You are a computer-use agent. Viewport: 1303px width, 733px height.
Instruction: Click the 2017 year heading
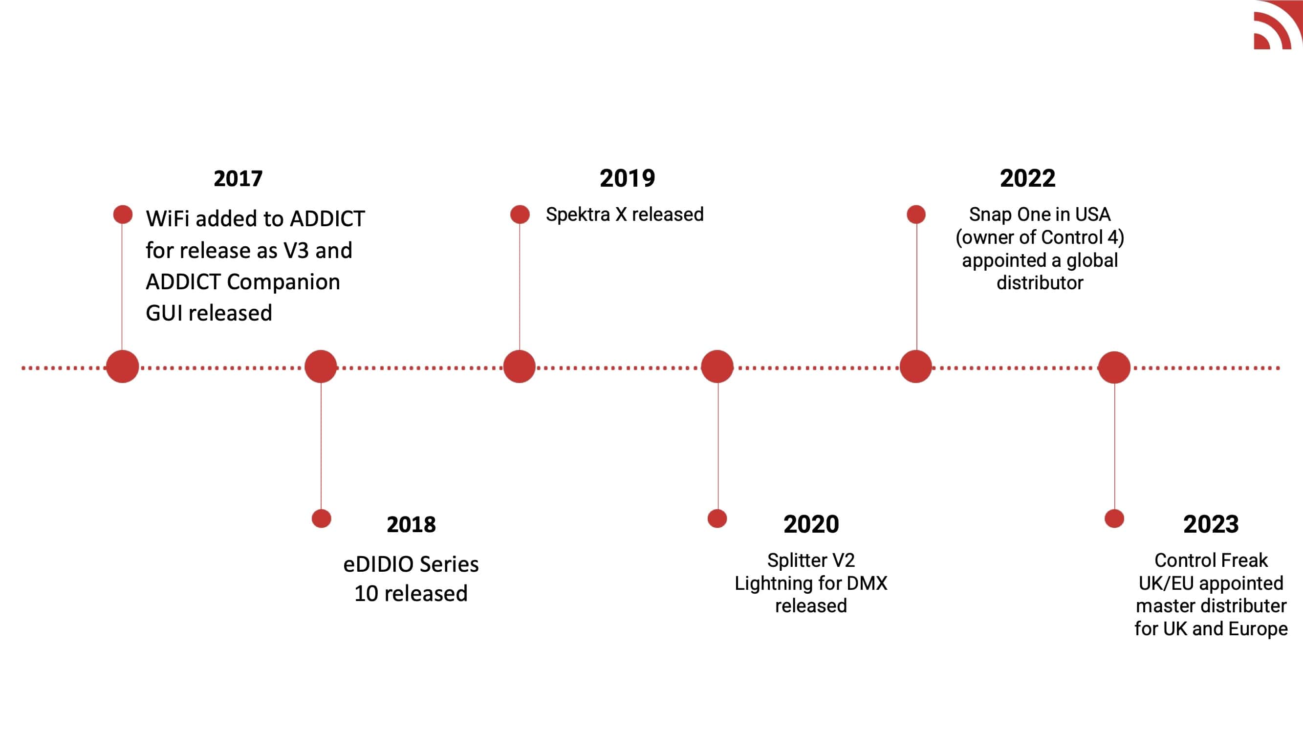point(238,178)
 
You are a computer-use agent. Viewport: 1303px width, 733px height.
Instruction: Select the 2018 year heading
point(411,524)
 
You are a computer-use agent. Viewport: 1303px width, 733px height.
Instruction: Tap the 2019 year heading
point(627,178)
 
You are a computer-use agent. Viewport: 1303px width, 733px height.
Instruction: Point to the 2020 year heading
point(811,524)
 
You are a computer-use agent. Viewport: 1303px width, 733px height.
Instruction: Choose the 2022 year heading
point(1028,178)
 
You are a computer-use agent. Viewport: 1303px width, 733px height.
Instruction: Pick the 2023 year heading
point(1211,524)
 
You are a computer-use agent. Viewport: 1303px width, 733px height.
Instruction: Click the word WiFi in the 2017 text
point(168,219)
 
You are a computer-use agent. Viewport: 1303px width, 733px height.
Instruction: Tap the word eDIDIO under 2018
point(378,564)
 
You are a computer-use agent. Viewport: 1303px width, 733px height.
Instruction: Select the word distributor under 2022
point(1040,283)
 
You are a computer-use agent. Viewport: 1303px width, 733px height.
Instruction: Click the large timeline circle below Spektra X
point(520,366)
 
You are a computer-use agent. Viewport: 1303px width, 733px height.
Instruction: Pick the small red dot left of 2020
point(717,518)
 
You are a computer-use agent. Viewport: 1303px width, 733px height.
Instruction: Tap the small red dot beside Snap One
point(916,215)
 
